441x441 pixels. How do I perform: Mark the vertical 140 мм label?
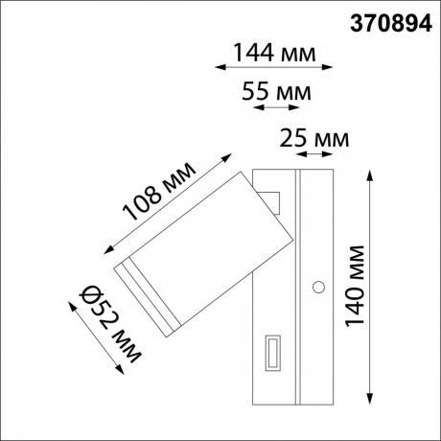(x=357, y=286)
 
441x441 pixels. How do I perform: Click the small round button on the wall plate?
(x=317, y=285)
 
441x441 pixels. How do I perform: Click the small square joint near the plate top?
(x=273, y=203)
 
